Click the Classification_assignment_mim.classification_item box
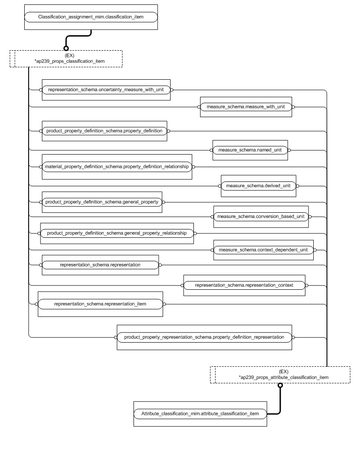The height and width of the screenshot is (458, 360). [90, 18]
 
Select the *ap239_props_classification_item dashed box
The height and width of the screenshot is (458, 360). [66, 59]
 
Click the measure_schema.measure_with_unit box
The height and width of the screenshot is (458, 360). [246, 107]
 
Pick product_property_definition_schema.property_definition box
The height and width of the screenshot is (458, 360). [104, 131]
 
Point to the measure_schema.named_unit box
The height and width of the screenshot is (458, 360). [250, 150]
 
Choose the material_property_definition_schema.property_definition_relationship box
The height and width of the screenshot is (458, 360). [117, 167]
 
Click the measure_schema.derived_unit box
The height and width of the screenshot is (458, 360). [258, 186]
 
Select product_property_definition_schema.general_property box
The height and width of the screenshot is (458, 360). [102, 202]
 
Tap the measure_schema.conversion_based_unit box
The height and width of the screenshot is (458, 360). [260, 217]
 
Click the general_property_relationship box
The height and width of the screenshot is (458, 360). [117, 233]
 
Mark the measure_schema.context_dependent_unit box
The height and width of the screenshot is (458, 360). [264, 250]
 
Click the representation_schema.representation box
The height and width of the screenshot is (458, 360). [100, 265]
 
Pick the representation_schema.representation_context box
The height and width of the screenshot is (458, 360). [244, 285]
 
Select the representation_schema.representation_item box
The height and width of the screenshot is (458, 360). [100, 303]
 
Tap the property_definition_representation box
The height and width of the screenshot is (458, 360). [204, 337]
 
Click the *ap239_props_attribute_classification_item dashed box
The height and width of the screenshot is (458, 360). [280, 375]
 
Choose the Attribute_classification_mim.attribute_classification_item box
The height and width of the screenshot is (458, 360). [200, 414]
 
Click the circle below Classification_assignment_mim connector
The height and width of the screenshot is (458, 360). [66, 48]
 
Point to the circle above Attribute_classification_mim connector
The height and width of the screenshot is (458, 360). [280, 385]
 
